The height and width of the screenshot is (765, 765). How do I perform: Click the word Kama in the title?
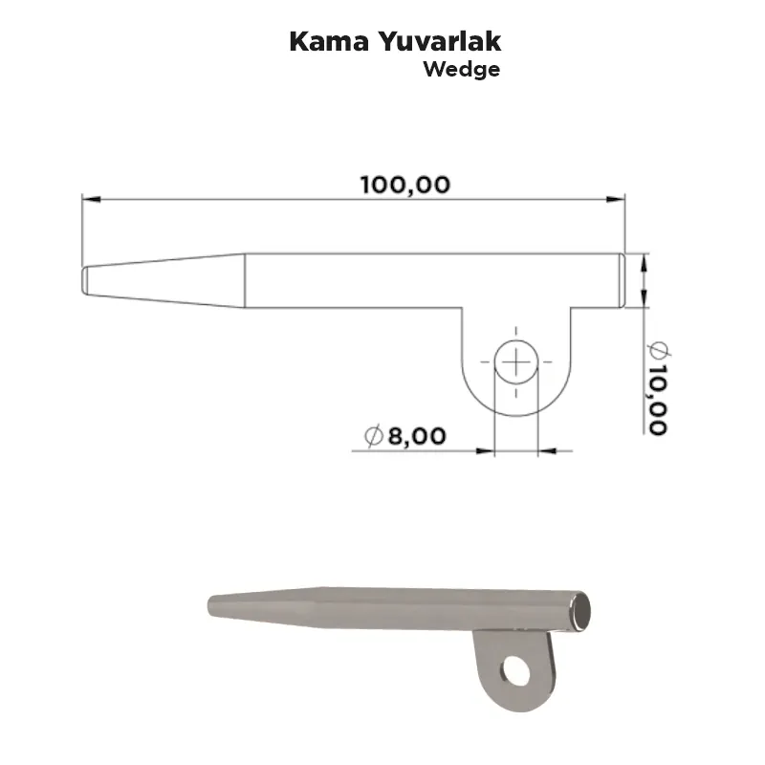click(x=329, y=41)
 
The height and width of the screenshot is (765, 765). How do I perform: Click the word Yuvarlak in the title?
click(x=440, y=41)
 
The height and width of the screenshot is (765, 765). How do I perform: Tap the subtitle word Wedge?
click(x=462, y=70)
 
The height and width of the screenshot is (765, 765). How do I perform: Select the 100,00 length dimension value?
click(x=404, y=186)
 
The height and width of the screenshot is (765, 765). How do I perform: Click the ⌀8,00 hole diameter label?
click(x=404, y=436)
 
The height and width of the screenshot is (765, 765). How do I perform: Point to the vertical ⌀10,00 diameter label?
click(x=658, y=388)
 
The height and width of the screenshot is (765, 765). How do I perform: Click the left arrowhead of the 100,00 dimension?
click(x=92, y=199)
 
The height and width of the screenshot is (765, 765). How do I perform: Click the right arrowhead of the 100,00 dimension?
click(x=615, y=199)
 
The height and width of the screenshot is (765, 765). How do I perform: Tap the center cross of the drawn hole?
click(x=516, y=362)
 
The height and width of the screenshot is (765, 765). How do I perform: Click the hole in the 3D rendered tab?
click(x=516, y=671)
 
